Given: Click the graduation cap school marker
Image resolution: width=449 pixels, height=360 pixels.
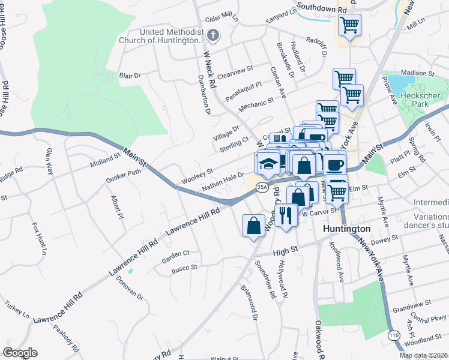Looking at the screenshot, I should (268, 164).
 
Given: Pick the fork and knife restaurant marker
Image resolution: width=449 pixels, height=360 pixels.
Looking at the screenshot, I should (286, 215).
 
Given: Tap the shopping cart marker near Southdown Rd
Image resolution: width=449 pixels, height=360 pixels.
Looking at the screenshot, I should (349, 26).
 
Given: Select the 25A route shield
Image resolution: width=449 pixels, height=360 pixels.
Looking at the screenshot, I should (262, 188).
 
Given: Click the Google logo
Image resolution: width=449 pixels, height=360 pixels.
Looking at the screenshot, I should (20, 353).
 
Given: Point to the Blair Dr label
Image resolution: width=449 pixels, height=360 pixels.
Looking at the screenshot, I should (130, 76).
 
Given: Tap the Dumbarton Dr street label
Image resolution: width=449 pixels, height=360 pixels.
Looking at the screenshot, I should (204, 95).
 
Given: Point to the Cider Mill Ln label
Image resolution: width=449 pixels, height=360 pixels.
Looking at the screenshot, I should (221, 19).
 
